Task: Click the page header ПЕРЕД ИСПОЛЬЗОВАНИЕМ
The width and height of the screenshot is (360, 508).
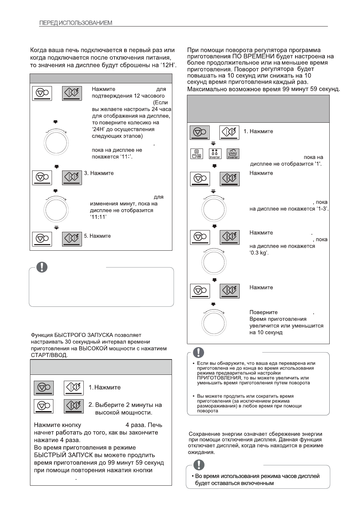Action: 76,23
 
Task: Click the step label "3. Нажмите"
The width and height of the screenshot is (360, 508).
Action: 99,173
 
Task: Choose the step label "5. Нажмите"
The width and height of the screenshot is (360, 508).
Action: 97,236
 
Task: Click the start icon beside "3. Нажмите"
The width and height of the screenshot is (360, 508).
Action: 72,177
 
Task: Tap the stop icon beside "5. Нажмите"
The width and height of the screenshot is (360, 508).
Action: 42,239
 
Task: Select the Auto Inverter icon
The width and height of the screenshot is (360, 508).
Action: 233,154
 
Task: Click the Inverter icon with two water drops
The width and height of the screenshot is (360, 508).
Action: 215,154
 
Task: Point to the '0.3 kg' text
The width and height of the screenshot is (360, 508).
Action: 259,253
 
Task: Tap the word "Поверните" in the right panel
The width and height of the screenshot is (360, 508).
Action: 263,312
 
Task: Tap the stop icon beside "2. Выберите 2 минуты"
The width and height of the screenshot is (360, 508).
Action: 44,405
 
